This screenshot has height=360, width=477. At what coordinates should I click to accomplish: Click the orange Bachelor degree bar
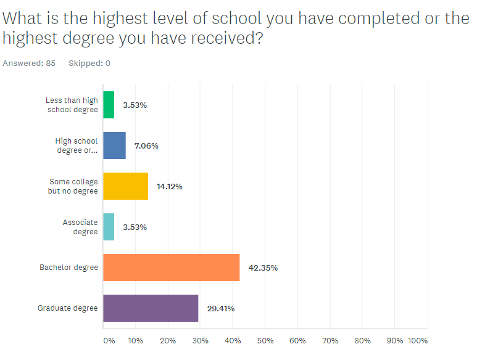click(171, 268)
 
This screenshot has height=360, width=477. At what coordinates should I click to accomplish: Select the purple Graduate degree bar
click(151, 308)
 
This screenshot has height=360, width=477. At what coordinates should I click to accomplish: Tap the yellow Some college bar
click(125, 186)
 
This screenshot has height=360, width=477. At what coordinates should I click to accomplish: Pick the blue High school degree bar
click(114, 145)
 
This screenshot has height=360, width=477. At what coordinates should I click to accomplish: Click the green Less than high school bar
click(109, 105)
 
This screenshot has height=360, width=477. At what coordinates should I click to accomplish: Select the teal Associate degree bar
click(109, 227)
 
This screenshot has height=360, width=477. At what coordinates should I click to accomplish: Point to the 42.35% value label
click(263, 268)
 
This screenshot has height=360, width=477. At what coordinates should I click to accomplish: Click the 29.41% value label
click(221, 308)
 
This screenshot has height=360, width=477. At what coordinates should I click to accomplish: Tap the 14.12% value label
click(169, 186)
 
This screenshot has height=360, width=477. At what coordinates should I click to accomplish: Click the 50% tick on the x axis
click(265, 340)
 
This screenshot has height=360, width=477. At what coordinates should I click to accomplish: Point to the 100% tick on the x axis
click(417, 340)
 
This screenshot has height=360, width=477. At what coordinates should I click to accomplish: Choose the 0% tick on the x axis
click(109, 340)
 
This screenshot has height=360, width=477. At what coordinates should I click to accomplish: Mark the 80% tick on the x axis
click(362, 340)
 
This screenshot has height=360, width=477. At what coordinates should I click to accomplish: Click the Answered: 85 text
click(29, 63)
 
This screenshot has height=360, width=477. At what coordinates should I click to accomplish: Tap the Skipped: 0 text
click(89, 63)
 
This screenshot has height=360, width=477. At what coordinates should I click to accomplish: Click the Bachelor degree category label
click(68, 268)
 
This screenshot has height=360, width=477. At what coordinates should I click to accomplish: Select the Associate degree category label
click(80, 227)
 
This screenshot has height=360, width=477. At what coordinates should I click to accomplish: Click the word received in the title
click(218, 38)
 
